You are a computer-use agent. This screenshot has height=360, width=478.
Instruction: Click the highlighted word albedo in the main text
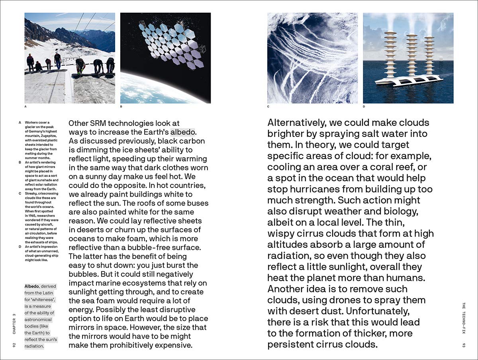tap(184, 132)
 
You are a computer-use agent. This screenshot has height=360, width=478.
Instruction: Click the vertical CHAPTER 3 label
tap(14, 322)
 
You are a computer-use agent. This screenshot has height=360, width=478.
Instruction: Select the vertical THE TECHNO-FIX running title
tap(463, 319)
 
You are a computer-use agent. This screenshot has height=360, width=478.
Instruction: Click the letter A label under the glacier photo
tap(25, 107)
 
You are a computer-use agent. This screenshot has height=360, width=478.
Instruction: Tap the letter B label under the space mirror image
tap(121, 107)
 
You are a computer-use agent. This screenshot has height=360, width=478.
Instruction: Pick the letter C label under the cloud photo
tap(268, 107)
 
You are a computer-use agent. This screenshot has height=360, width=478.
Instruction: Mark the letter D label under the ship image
tap(364, 107)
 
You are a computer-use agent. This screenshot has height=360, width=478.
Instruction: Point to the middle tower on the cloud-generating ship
tap(410, 56)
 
